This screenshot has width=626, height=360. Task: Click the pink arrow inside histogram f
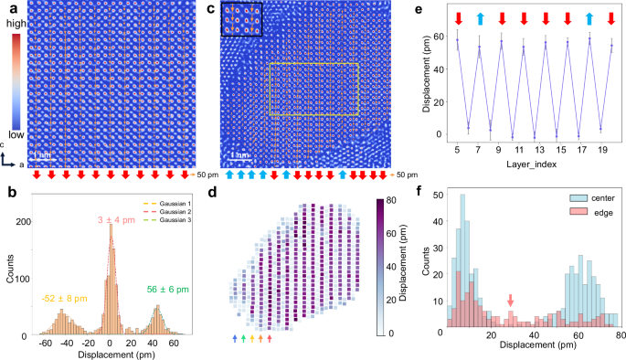click(x=510, y=300)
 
